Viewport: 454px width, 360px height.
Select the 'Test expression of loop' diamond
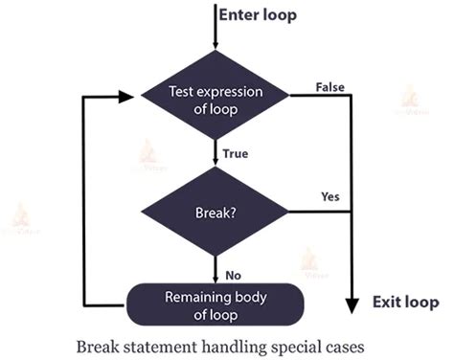[217, 98]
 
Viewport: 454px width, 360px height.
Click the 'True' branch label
[236, 151]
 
